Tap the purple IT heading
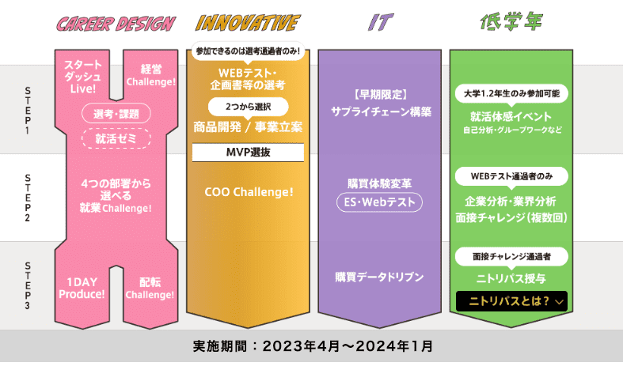click(380, 22)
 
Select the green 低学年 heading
click(511, 22)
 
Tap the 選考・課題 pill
click(116, 114)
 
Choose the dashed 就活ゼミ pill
click(116, 139)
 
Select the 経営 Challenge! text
click(150, 74)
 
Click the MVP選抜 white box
click(249, 152)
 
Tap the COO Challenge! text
click(249, 191)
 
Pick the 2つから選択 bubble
click(249, 106)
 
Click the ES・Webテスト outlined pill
click(379, 202)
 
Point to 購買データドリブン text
click(379, 277)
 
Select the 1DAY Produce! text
click(82, 288)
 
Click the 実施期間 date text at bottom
click(312, 346)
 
